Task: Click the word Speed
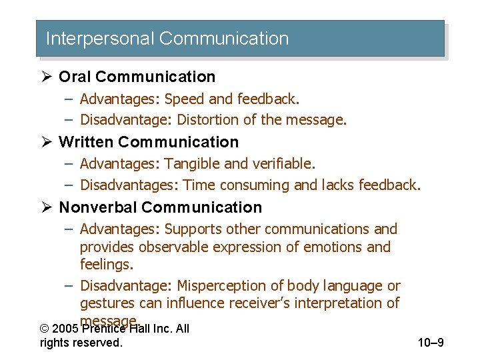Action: tap(185, 99)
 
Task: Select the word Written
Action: tap(87, 142)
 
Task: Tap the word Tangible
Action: tap(191, 163)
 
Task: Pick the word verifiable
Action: tap(284, 163)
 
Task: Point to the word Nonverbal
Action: tap(98, 207)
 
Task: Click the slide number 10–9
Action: tap(431, 343)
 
